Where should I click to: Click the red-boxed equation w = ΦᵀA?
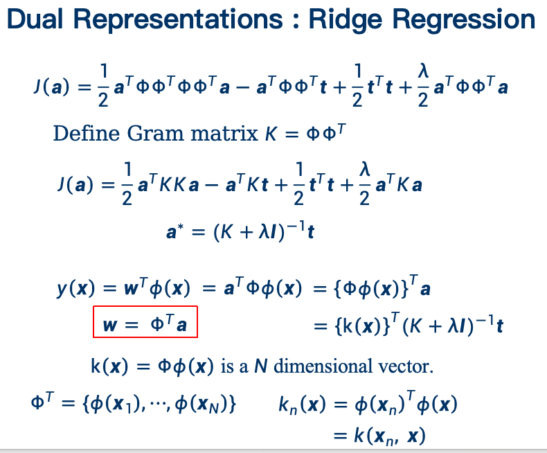coord(145,322)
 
